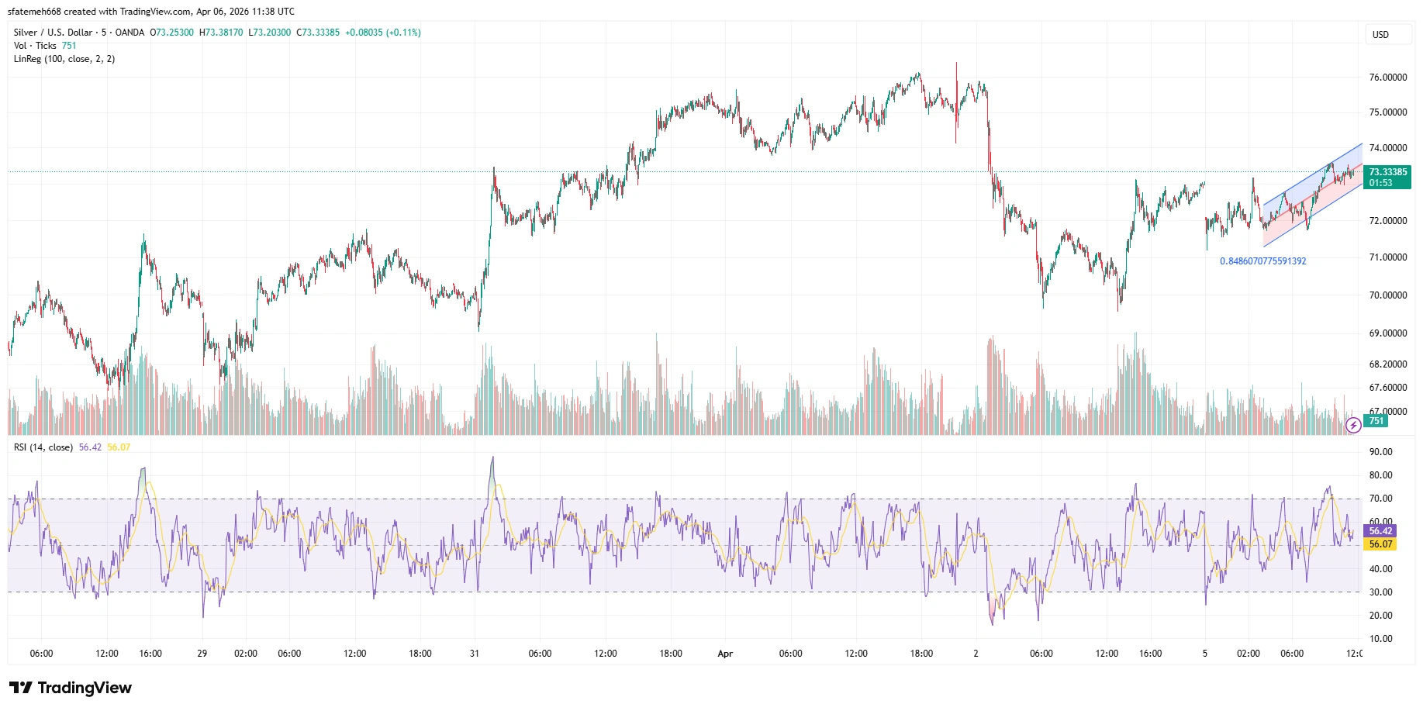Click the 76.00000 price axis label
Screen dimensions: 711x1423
click(1387, 78)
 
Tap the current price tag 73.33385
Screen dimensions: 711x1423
click(1387, 172)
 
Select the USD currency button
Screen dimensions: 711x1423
click(1380, 35)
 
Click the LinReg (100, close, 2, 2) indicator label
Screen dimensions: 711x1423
click(64, 59)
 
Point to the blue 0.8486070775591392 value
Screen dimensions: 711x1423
click(1262, 261)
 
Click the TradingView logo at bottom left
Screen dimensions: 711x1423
click(71, 688)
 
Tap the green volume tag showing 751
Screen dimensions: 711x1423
click(1376, 421)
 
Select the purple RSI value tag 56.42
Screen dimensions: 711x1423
click(1380, 531)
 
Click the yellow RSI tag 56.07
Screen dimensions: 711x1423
click(1380, 544)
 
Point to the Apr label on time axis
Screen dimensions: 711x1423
click(725, 654)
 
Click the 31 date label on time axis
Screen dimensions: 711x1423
click(475, 654)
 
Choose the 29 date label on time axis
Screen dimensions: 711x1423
click(202, 654)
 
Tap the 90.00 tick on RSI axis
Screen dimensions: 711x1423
click(1380, 452)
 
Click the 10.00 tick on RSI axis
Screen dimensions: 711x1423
click(1380, 639)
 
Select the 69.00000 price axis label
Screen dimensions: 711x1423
click(1387, 333)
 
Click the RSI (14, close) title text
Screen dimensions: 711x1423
click(43, 447)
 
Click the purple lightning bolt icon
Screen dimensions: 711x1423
click(1353, 425)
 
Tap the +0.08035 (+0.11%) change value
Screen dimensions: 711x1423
click(383, 33)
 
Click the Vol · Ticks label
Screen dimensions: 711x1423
click(35, 46)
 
